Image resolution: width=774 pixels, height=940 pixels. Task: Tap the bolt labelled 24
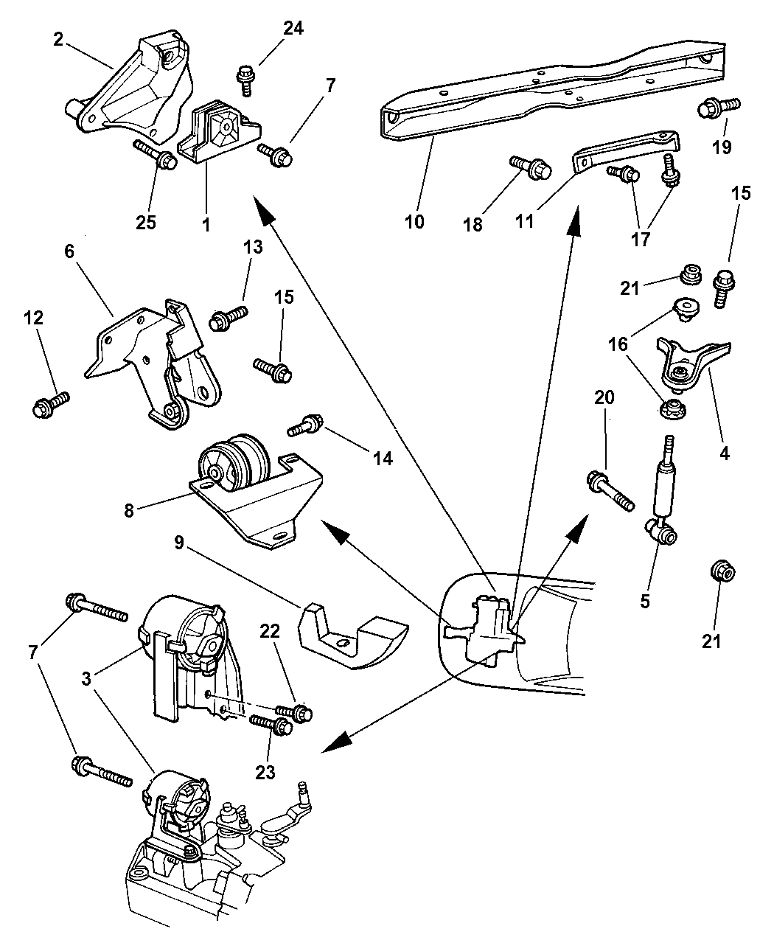pos(246,77)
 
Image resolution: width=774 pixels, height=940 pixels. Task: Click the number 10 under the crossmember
pos(414,220)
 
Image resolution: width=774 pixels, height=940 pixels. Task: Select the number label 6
pos(69,251)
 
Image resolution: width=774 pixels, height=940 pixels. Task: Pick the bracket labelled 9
pos(350,634)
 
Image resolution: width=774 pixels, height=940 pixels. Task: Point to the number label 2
pos(58,39)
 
